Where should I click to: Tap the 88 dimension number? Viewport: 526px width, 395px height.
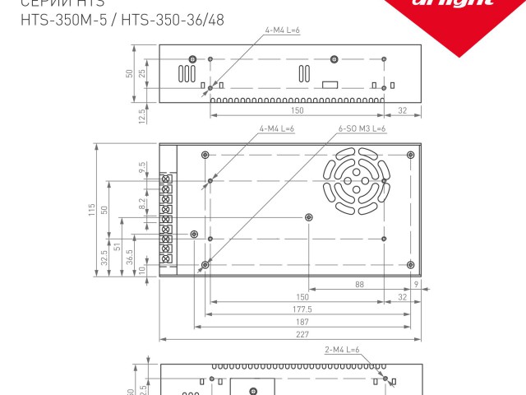(x=360, y=285)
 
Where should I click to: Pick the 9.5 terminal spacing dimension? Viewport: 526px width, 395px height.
(x=143, y=167)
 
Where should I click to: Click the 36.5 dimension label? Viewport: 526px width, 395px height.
(x=130, y=255)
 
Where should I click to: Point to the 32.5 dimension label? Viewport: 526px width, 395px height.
(x=104, y=258)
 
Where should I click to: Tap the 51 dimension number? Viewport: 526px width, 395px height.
(x=117, y=246)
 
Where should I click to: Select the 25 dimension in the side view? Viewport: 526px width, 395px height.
(x=142, y=73)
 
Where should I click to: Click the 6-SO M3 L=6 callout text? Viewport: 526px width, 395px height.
(x=362, y=129)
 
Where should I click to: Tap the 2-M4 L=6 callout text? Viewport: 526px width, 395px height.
(x=342, y=350)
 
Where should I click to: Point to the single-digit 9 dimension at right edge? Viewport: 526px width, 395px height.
(x=417, y=285)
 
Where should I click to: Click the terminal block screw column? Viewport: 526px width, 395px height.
(x=167, y=219)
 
